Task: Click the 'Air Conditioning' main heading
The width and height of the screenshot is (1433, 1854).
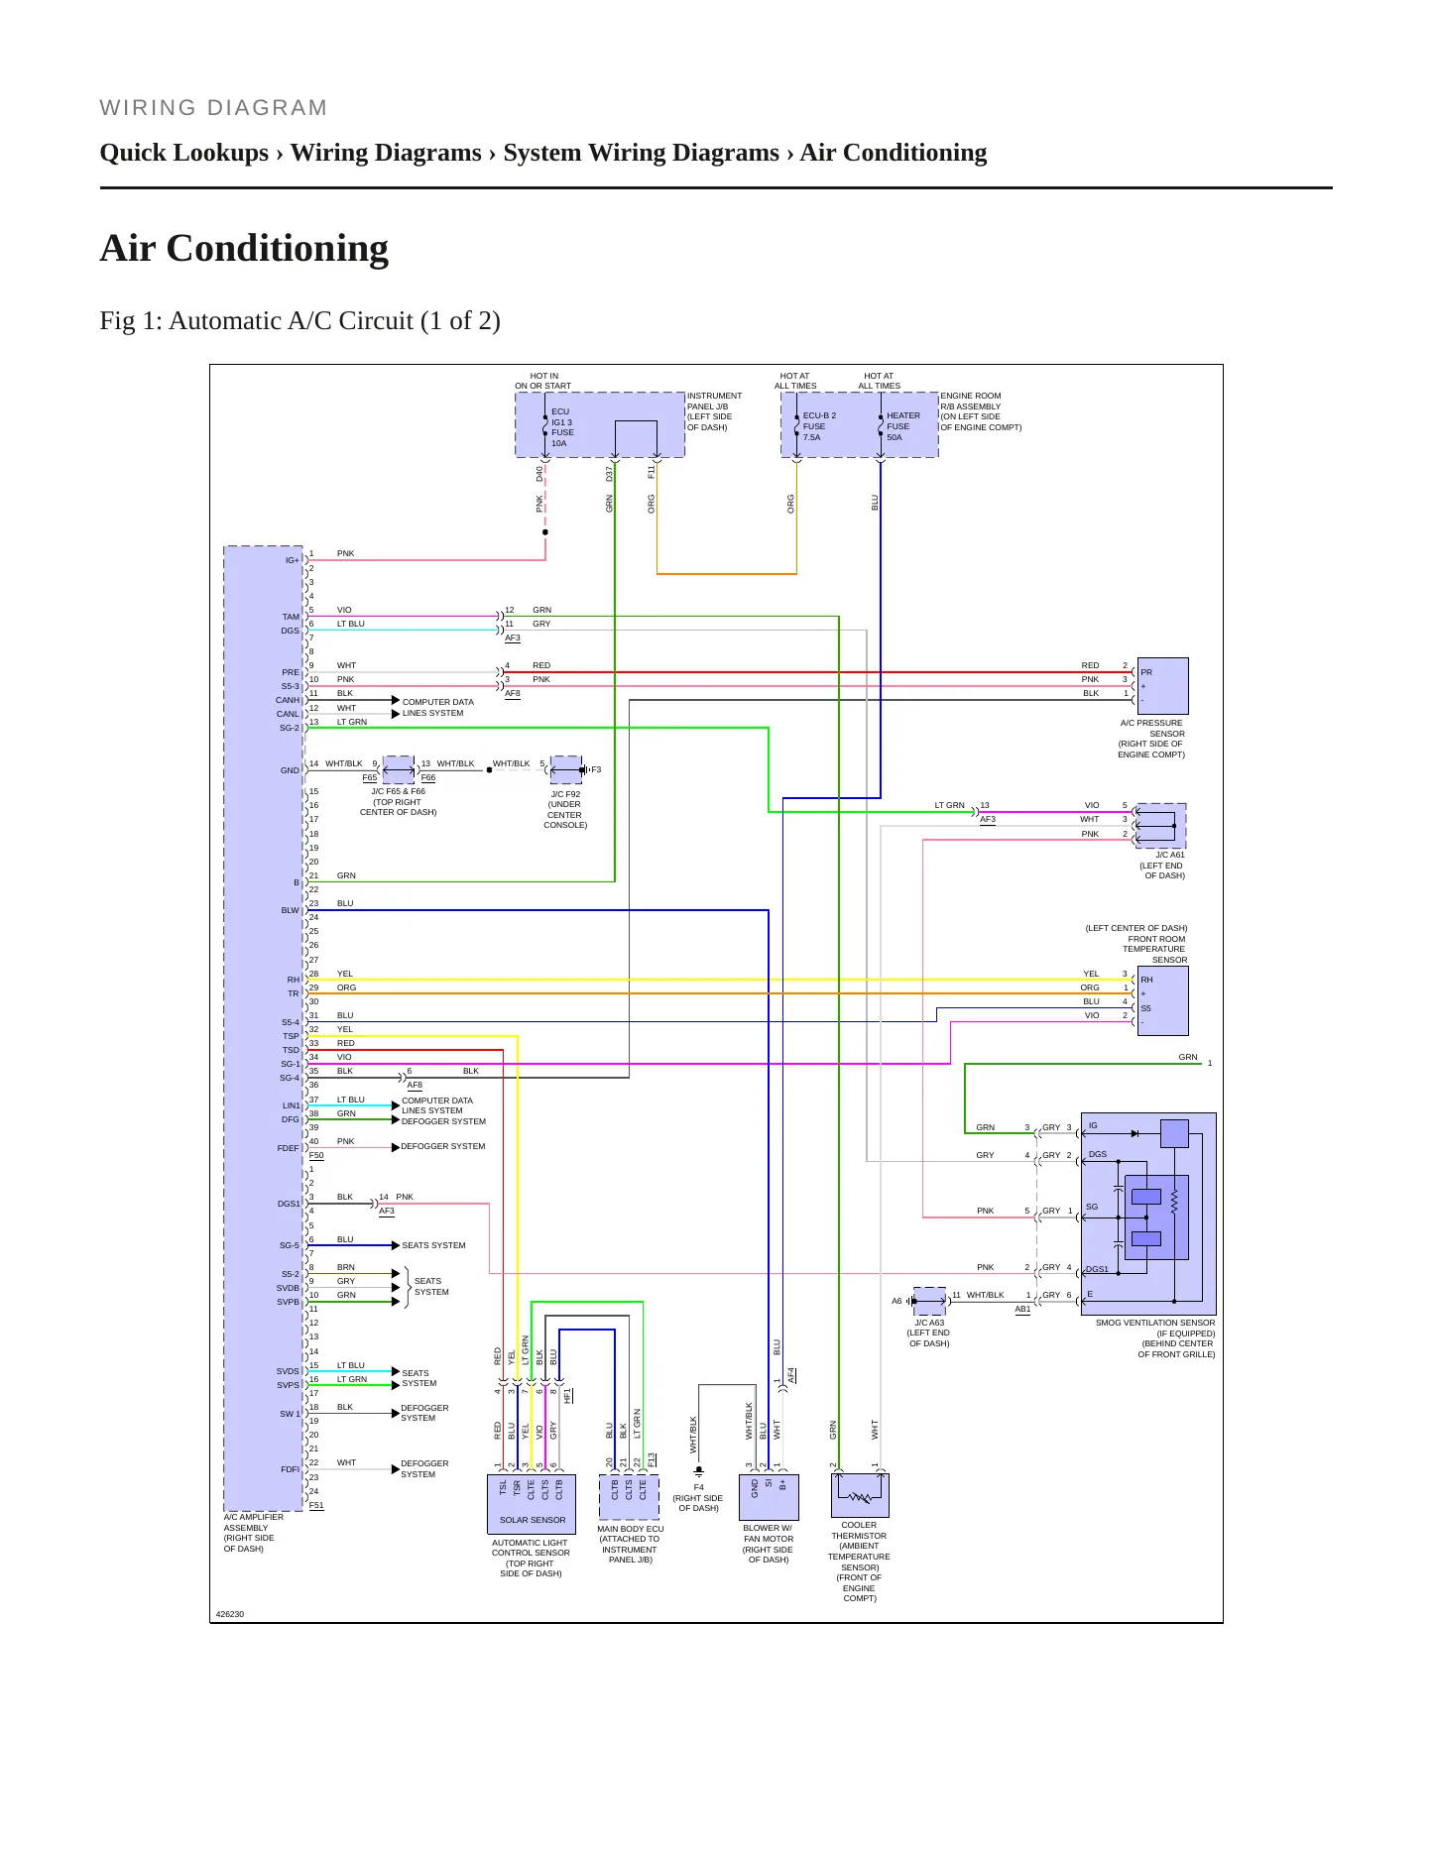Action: pyautogui.click(x=244, y=248)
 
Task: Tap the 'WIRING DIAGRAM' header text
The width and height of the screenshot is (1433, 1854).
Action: pyautogui.click(x=213, y=108)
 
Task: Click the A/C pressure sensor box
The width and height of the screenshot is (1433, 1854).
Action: pyautogui.click(x=1162, y=686)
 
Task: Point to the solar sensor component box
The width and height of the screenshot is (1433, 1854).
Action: pyautogui.click(x=532, y=1503)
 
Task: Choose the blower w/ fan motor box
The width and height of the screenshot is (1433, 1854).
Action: pyautogui.click(x=769, y=1496)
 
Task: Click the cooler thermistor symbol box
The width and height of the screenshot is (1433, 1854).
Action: pyautogui.click(x=860, y=1495)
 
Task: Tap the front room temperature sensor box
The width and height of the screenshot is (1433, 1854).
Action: pyautogui.click(x=1162, y=1001)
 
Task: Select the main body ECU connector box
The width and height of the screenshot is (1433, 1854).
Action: pyautogui.click(x=629, y=1497)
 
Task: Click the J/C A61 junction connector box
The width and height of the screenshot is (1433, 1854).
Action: pyautogui.click(x=1160, y=826)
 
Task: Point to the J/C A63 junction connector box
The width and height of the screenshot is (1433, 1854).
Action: pyautogui.click(x=929, y=1301)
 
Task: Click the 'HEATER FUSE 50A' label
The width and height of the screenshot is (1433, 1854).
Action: pyautogui.click(x=902, y=426)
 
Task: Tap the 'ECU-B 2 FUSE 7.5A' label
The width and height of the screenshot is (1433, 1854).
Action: pyautogui.click(x=819, y=426)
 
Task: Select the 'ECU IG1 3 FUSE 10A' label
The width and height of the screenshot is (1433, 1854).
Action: pyautogui.click(x=562, y=427)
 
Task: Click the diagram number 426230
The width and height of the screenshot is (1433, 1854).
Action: pyautogui.click(x=230, y=1614)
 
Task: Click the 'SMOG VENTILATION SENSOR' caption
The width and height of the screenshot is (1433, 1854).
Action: pyautogui.click(x=1154, y=1323)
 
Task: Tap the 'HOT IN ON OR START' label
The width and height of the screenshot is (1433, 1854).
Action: pyautogui.click(x=542, y=381)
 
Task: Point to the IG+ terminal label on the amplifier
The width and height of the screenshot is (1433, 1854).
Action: pyautogui.click(x=292, y=560)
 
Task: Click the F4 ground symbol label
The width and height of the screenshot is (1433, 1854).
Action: pyautogui.click(x=698, y=1487)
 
